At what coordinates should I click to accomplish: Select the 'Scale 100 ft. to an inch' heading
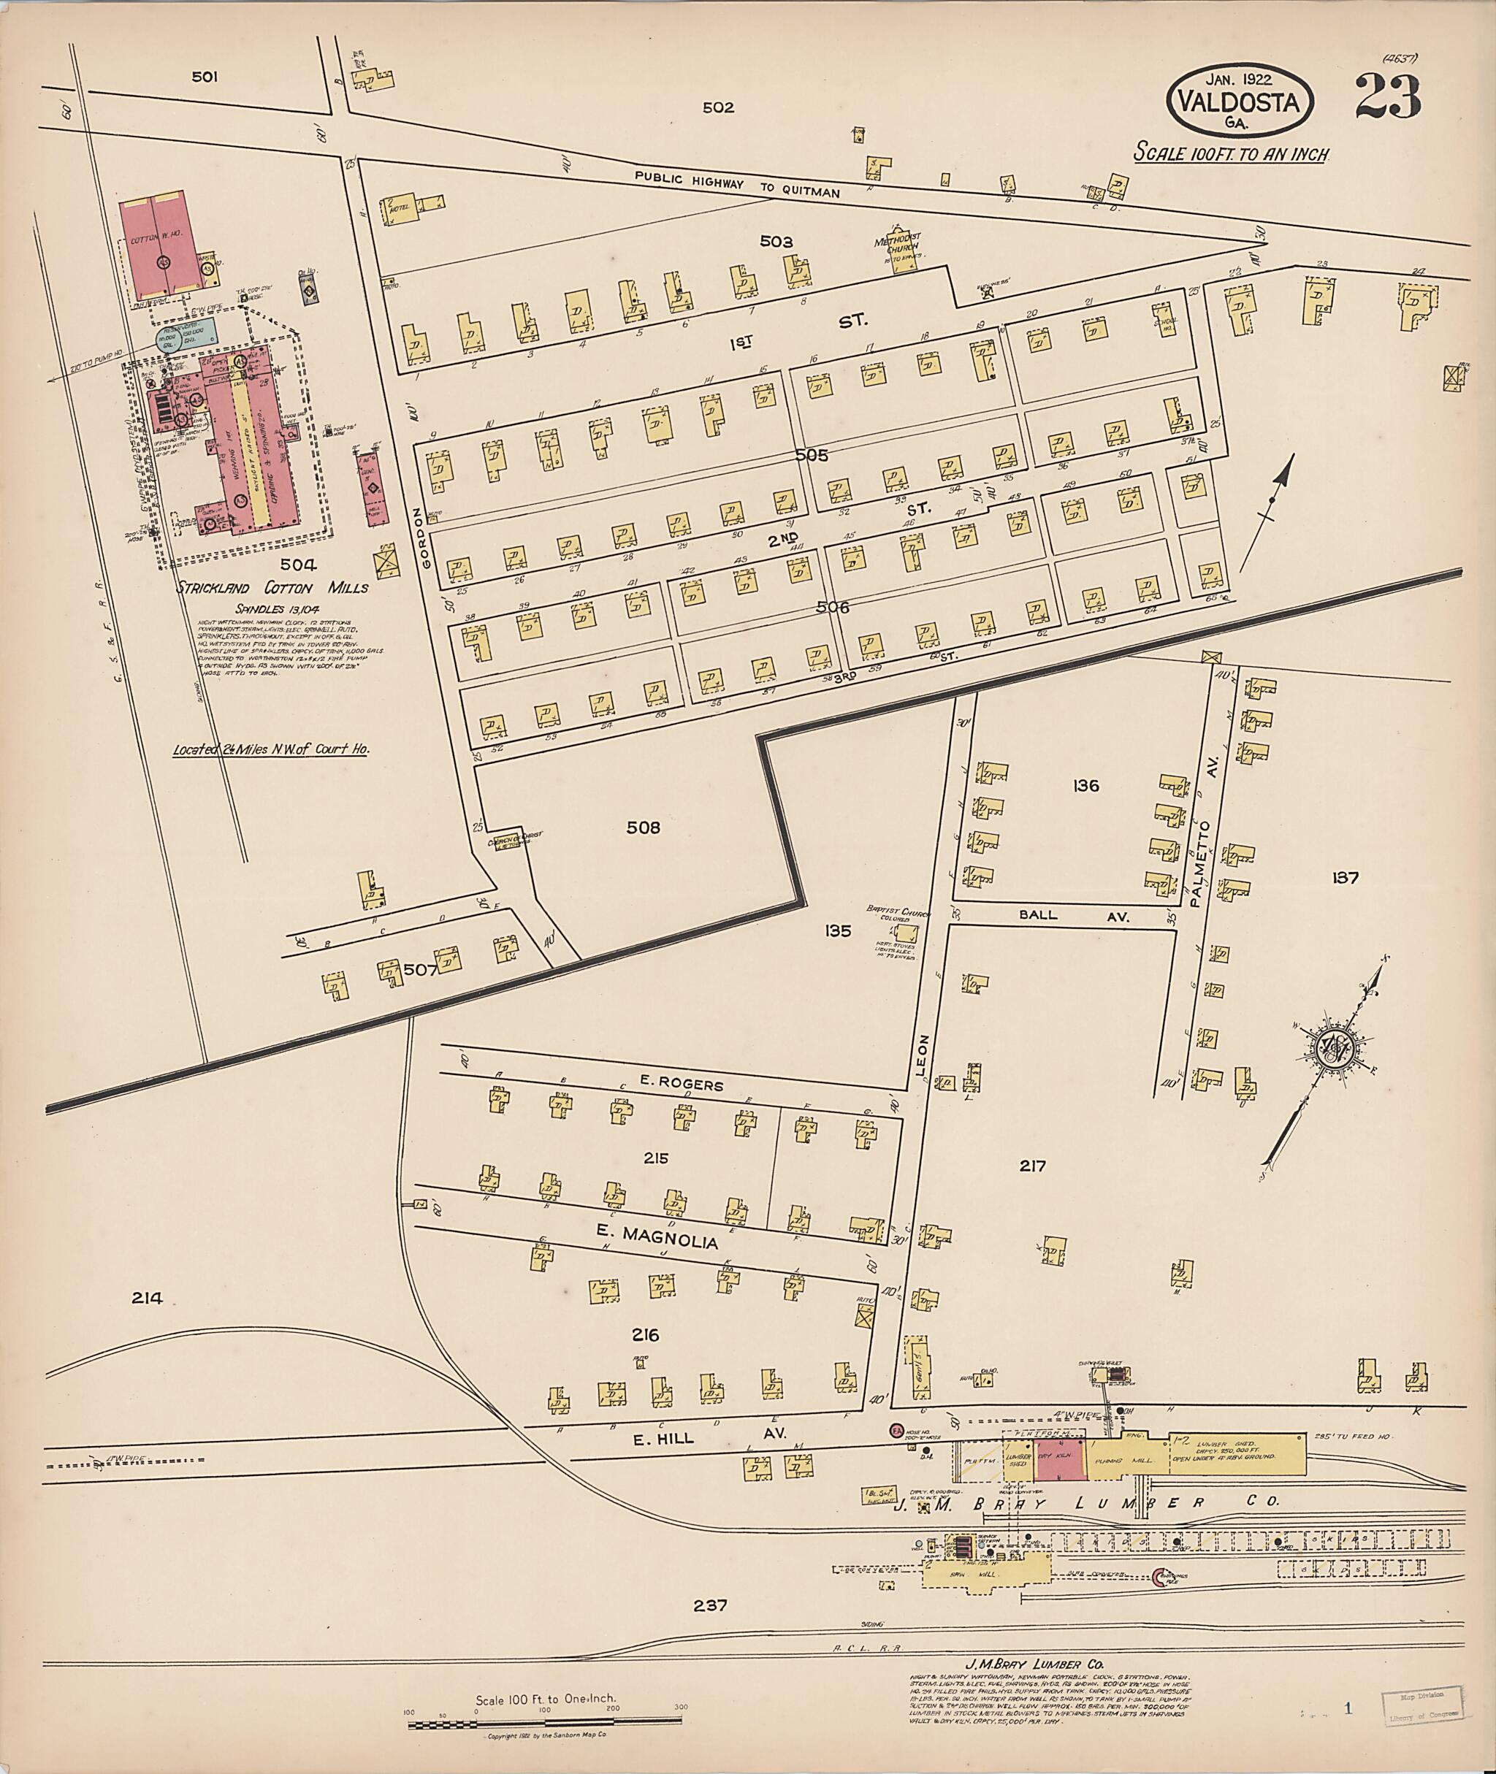(1232, 154)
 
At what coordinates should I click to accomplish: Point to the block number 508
(643, 827)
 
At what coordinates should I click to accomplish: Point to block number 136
(1085, 786)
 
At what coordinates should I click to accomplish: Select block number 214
(147, 1297)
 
